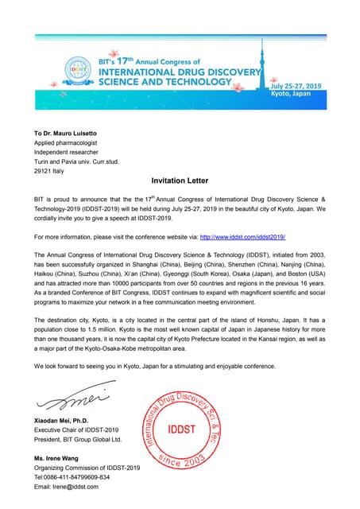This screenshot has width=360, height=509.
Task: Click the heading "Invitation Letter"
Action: coord(180,181)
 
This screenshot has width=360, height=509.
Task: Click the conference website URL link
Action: coord(242,237)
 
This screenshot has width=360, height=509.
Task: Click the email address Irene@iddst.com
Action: coord(66,487)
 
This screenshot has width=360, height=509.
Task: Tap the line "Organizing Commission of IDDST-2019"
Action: coord(87,468)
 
